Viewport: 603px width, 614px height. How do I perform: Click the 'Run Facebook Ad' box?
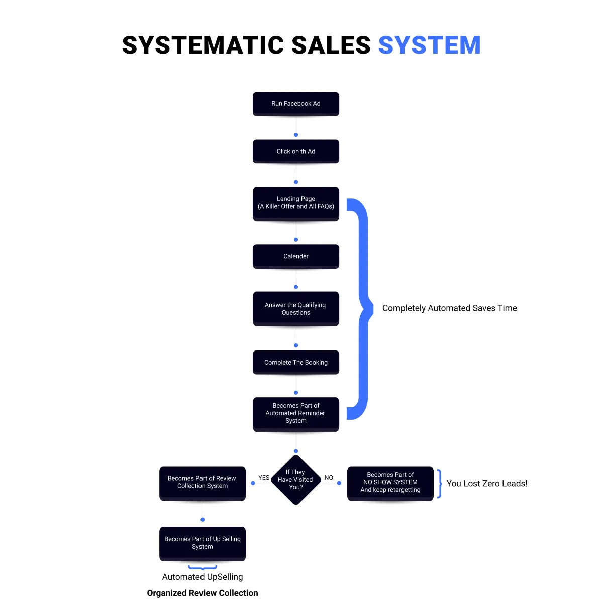click(296, 104)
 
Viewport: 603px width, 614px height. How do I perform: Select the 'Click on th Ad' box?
click(296, 151)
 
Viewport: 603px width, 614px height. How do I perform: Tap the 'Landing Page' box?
click(296, 203)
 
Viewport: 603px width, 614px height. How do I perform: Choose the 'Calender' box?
click(296, 256)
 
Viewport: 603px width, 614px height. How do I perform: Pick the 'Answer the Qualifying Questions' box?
click(296, 309)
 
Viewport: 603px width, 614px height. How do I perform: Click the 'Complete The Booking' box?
click(296, 362)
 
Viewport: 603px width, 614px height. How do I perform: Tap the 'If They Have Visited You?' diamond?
click(296, 480)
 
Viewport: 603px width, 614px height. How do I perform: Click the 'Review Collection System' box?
click(203, 483)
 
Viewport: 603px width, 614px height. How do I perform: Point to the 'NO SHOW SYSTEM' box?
click(390, 483)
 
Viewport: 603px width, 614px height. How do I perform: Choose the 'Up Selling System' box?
click(203, 543)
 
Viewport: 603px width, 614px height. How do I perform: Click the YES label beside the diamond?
click(264, 478)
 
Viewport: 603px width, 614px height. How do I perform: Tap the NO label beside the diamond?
click(329, 478)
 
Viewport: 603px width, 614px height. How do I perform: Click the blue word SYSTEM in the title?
click(429, 46)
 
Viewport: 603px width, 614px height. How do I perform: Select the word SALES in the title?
click(331, 46)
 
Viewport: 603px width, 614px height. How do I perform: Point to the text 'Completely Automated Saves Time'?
click(449, 308)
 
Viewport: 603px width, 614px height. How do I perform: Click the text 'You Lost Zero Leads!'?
click(487, 484)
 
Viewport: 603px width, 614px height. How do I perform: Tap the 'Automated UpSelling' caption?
click(203, 577)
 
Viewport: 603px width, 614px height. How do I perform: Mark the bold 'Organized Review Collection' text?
click(203, 593)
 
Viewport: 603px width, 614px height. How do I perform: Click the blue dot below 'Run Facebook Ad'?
click(296, 135)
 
